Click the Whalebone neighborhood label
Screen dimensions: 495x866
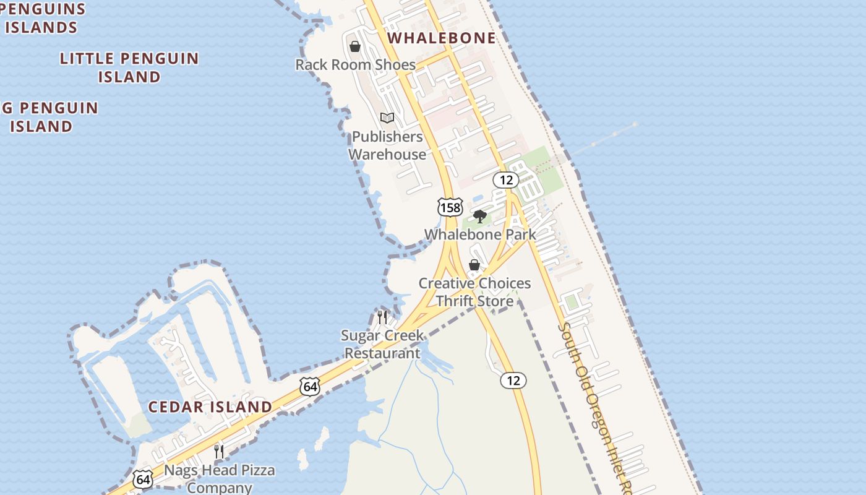click(x=442, y=38)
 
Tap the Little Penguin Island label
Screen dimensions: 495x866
click(x=129, y=67)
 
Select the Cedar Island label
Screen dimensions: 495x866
click(x=210, y=407)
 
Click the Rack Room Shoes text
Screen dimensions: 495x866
click(x=355, y=64)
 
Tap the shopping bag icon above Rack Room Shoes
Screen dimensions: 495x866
click(x=355, y=46)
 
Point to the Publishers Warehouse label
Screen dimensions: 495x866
click(x=387, y=145)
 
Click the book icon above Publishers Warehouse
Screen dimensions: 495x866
click(x=387, y=118)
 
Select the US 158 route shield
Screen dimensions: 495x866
click(x=450, y=207)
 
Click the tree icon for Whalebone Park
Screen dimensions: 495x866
click(x=479, y=216)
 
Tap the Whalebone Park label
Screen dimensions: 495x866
click(x=480, y=235)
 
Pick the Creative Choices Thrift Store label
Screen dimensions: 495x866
click(x=474, y=292)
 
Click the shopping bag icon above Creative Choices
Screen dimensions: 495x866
click(x=474, y=265)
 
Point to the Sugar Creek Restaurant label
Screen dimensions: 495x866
click(x=382, y=344)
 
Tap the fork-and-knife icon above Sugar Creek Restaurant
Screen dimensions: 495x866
click(x=382, y=317)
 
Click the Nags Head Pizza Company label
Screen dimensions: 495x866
click(x=219, y=479)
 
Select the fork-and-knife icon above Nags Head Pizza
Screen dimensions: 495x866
click(x=218, y=451)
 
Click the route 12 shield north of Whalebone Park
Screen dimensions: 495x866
click(x=506, y=180)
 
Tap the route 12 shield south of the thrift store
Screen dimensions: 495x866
click(x=513, y=381)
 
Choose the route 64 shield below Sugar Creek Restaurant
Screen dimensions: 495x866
click(x=311, y=387)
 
